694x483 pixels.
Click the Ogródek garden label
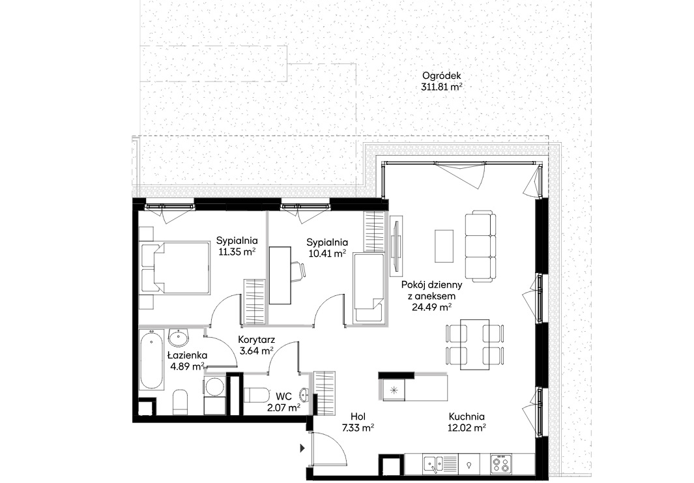click(x=441, y=76)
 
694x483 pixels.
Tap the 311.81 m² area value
click(x=442, y=87)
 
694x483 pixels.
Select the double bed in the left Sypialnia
click(x=175, y=267)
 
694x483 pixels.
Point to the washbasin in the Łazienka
click(x=179, y=339)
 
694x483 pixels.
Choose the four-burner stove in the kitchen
click(x=502, y=465)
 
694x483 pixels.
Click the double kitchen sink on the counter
click(x=436, y=465)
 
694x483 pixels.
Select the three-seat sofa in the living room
click(x=480, y=246)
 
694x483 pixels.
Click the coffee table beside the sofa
click(x=444, y=246)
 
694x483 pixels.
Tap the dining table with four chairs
click(x=474, y=344)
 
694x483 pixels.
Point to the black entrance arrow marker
click(x=303, y=448)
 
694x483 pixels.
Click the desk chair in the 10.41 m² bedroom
click(x=298, y=269)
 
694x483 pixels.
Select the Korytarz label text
click(x=256, y=340)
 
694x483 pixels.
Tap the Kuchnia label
click(x=467, y=417)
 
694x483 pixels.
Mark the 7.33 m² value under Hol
click(x=358, y=428)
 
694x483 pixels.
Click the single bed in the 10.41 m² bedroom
click(x=368, y=288)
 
